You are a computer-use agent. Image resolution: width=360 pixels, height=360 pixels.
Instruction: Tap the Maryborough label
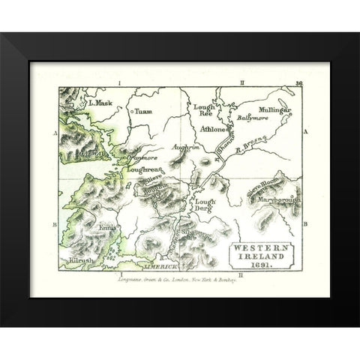pyautogui.click(x=278, y=200)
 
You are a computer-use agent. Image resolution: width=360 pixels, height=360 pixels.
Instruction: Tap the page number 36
pyautogui.click(x=298, y=84)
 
